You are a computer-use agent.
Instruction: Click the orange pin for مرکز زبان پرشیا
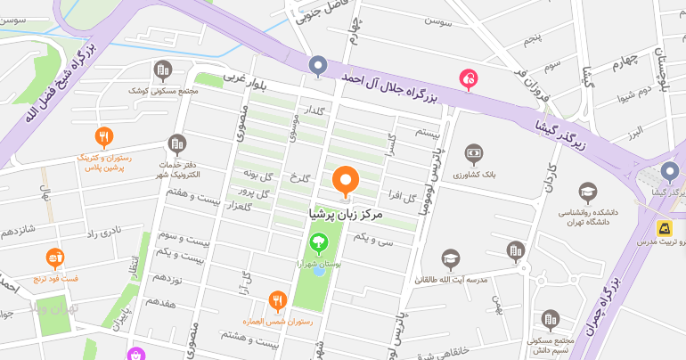coord(345,181)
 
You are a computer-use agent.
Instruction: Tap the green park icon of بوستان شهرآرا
coord(317,241)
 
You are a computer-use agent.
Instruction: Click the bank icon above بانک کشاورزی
coord(473,154)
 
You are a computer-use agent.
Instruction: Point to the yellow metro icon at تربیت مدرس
coord(665,228)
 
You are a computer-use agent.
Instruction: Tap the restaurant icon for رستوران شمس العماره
coord(278,300)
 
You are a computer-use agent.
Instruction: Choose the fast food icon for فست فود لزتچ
coord(54,258)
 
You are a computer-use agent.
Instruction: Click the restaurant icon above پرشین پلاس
coord(104,136)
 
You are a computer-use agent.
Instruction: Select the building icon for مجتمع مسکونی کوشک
coord(162,70)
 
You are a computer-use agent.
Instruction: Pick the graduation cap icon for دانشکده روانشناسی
coord(587,192)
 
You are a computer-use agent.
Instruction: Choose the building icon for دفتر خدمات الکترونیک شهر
coord(178,143)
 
